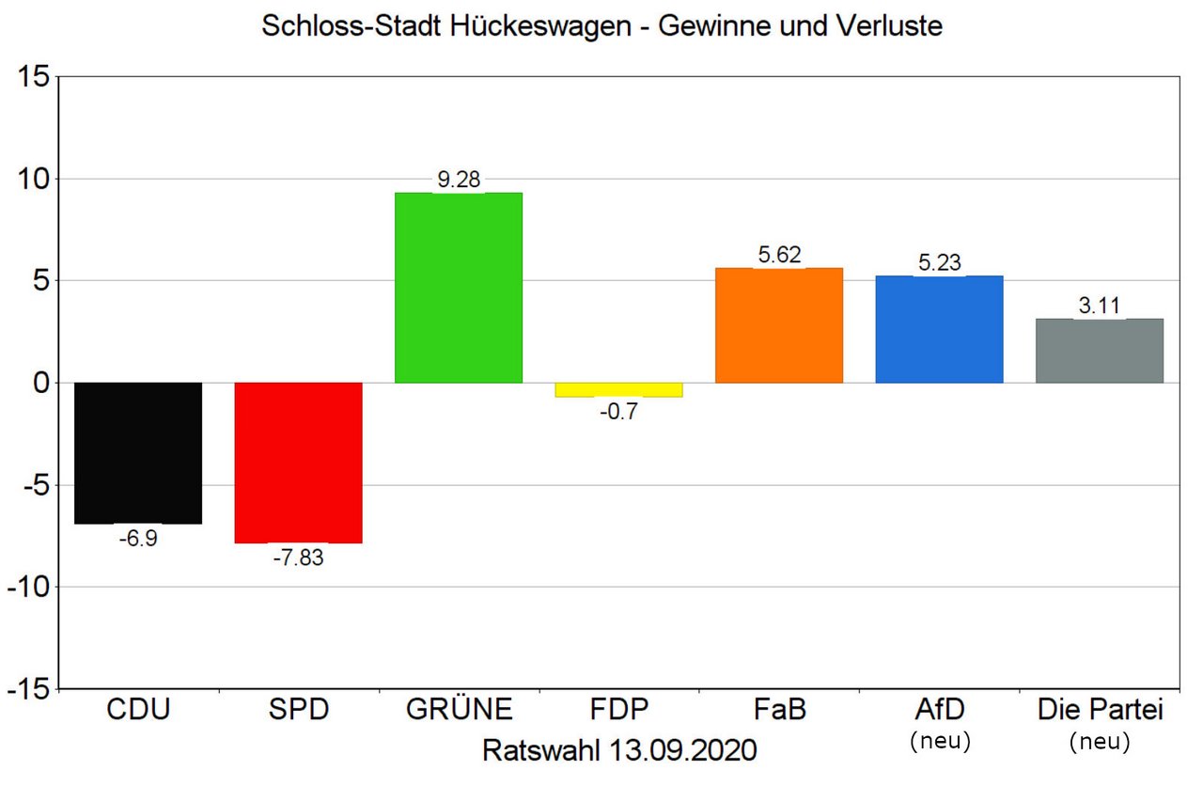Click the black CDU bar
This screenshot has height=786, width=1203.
(x=138, y=452)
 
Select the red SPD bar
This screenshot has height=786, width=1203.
(x=298, y=463)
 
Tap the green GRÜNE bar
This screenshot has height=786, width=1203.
(x=459, y=288)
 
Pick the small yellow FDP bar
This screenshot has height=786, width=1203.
(x=618, y=390)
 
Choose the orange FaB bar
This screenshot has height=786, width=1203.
(x=779, y=325)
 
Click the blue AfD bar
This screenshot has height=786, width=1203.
(x=939, y=329)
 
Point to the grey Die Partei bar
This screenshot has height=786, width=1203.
(x=1100, y=351)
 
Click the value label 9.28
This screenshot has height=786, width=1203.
(x=459, y=180)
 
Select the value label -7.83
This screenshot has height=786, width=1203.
(x=298, y=558)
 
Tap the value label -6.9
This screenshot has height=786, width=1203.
(x=138, y=540)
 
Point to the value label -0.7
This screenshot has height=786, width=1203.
(x=618, y=412)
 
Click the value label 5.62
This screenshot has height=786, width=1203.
(x=779, y=255)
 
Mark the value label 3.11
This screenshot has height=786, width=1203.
(x=1100, y=306)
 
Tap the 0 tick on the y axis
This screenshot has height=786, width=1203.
(x=39, y=384)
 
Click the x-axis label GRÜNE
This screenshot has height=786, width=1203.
(x=459, y=710)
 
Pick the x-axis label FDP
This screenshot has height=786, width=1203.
(x=618, y=710)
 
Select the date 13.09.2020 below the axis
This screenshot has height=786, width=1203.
(x=681, y=750)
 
